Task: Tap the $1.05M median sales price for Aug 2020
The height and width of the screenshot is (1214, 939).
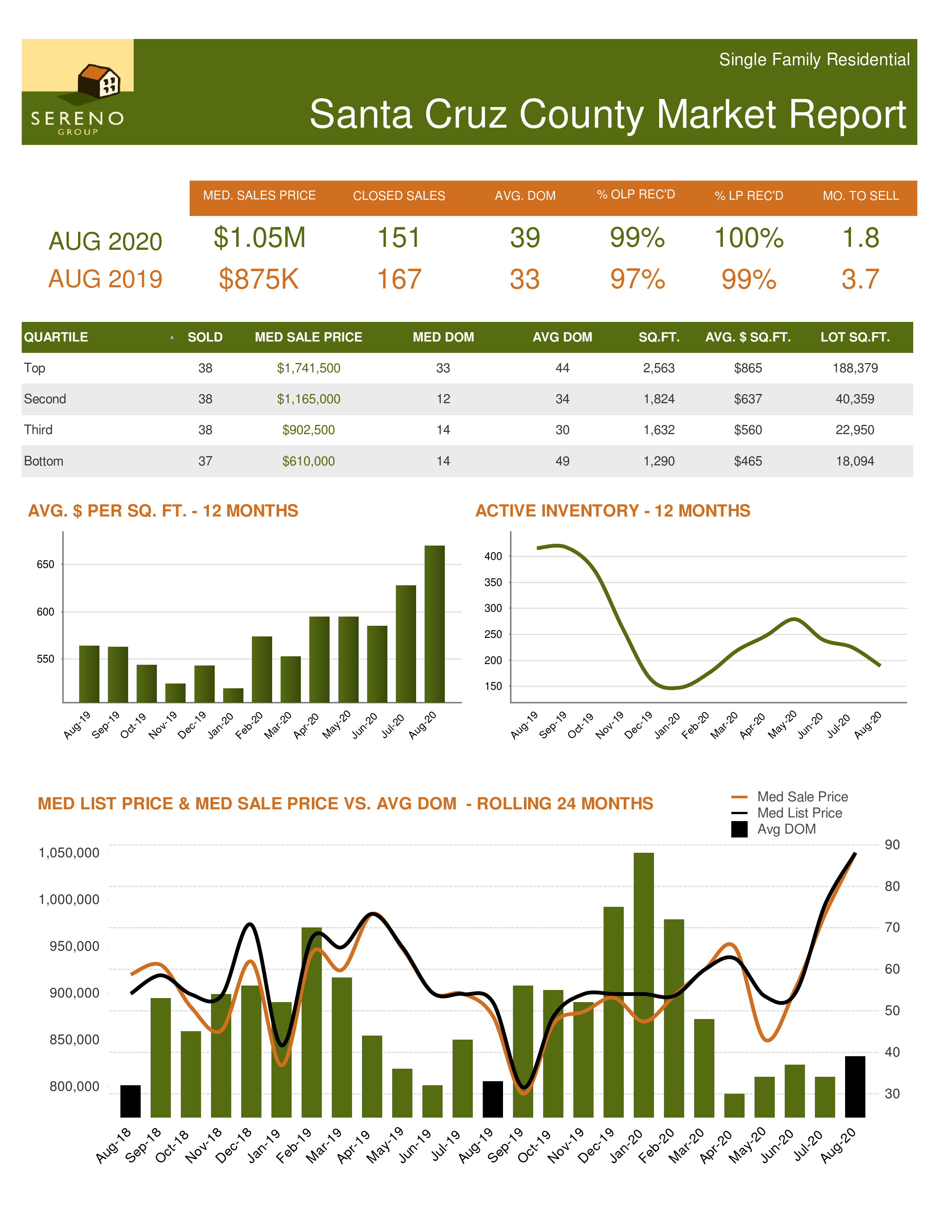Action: pyautogui.click(x=259, y=238)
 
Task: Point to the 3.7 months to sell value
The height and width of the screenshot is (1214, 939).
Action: pyautogui.click(x=860, y=279)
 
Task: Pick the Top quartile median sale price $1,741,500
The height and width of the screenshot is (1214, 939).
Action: pyautogui.click(x=308, y=368)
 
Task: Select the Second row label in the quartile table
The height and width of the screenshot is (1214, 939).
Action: pyautogui.click(x=45, y=399)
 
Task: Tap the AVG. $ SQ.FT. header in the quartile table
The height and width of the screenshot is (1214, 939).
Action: pyautogui.click(x=748, y=337)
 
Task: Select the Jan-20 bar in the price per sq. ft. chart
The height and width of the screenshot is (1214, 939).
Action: pyautogui.click(x=233, y=695)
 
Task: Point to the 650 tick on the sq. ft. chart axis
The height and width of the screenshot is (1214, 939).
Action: pyautogui.click(x=46, y=564)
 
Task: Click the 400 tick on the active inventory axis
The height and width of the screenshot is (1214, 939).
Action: pyautogui.click(x=493, y=556)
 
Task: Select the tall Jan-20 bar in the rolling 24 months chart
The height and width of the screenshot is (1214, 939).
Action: pyautogui.click(x=644, y=984)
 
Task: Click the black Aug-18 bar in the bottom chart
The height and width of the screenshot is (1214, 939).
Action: pyautogui.click(x=131, y=1101)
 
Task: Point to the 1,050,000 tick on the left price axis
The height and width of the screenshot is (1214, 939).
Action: pyautogui.click(x=69, y=853)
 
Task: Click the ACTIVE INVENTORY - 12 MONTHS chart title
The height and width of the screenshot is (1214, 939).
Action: pyautogui.click(x=612, y=510)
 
